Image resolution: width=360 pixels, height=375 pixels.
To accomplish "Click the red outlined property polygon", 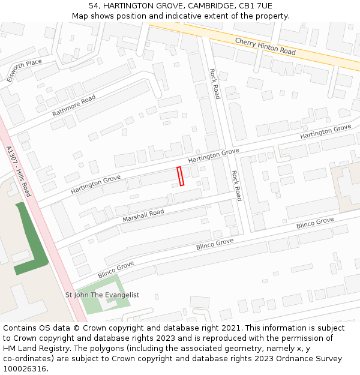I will (x=180, y=176).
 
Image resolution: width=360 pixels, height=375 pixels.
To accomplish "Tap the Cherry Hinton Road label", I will (x=265, y=47).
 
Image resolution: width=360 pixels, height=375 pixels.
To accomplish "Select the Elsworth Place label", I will (x=24, y=70).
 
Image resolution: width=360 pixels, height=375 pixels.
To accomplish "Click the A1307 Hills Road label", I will (x=18, y=171).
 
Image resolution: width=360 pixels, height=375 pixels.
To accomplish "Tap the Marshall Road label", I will (x=143, y=216).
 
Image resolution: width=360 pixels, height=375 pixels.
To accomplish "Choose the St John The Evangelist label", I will (x=102, y=295).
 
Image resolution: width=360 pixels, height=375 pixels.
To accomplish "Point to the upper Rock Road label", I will (x=215, y=83).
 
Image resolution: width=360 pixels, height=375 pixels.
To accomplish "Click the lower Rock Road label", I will (x=236, y=185).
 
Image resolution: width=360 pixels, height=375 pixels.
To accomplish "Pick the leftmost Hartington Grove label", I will (x=95, y=184).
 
